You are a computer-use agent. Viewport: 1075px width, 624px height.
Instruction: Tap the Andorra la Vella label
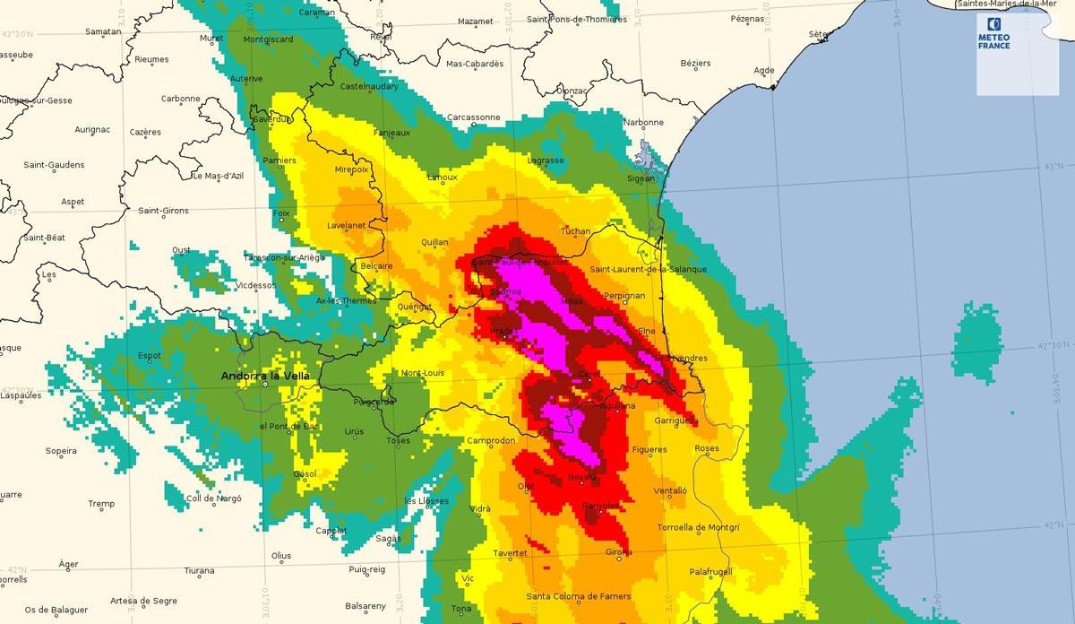(x=265, y=376)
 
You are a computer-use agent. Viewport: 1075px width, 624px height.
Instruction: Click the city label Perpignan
(x=624, y=295)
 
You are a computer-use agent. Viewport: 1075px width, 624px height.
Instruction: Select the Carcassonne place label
(x=473, y=117)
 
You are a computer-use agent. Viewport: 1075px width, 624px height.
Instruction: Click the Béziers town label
(x=695, y=63)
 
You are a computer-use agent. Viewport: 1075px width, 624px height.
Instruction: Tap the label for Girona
(x=619, y=551)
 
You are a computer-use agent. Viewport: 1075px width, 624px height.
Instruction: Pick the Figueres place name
(x=649, y=449)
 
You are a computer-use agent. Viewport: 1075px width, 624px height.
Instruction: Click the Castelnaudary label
(x=369, y=86)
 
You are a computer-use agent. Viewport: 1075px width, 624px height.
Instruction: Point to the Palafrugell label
(x=710, y=571)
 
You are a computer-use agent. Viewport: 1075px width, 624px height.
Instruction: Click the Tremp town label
(x=101, y=504)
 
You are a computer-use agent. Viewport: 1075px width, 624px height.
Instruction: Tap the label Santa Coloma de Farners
(x=579, y=596)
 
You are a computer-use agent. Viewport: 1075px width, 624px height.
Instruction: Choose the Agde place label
(x=764, y=70)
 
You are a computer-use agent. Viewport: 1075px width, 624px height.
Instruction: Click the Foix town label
(x=281, y=212)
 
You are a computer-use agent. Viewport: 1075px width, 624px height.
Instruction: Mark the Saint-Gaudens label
(x=54, y=164)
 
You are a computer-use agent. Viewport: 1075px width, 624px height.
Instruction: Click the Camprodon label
(x=492, y=441)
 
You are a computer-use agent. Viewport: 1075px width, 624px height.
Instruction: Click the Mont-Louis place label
(x=423, y=373)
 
